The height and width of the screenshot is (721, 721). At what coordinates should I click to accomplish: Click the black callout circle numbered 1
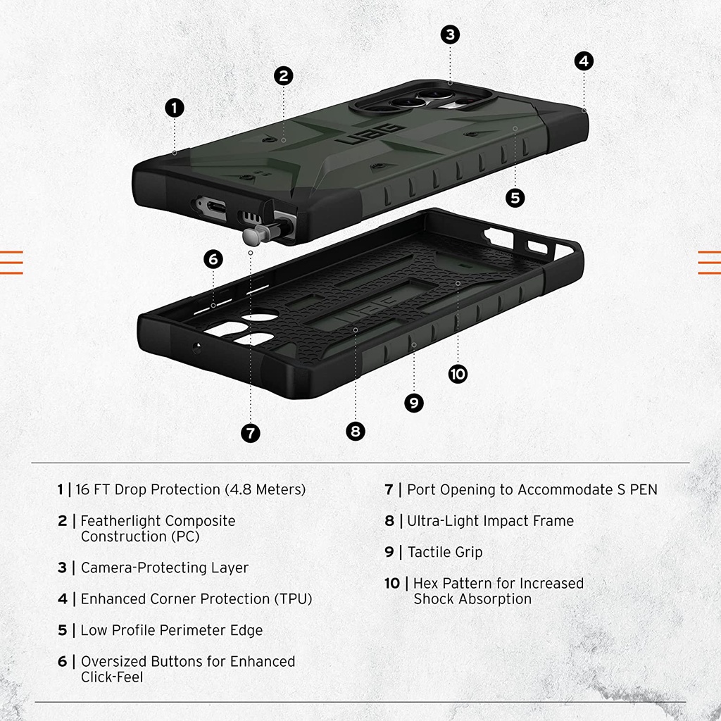pos(175,108)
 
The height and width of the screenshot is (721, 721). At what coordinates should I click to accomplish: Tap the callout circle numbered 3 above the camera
pos(450,35)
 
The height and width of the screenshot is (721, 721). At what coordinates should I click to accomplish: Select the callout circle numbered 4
pos(584,61)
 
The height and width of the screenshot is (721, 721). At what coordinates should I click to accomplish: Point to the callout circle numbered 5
pos(515,198)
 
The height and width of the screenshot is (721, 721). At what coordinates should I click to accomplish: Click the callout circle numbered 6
pos(213,259)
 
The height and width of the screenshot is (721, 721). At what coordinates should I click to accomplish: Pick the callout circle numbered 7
pos(251,433)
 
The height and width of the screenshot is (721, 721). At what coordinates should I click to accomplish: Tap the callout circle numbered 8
pos(356,432)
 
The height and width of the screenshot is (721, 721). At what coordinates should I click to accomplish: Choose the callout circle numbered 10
pos(458,374)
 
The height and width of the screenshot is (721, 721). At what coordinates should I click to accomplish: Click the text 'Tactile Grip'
pos(445,552)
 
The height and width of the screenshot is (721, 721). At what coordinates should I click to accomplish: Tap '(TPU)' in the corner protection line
pos(294,599)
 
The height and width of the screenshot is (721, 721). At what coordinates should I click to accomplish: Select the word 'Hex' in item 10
pos(426,584)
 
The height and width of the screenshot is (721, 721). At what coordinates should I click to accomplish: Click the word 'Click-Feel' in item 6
pos(112,677)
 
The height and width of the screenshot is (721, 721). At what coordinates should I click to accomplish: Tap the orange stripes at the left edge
pos(11,263)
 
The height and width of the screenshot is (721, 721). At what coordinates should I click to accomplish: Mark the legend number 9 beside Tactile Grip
pos(389,552)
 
